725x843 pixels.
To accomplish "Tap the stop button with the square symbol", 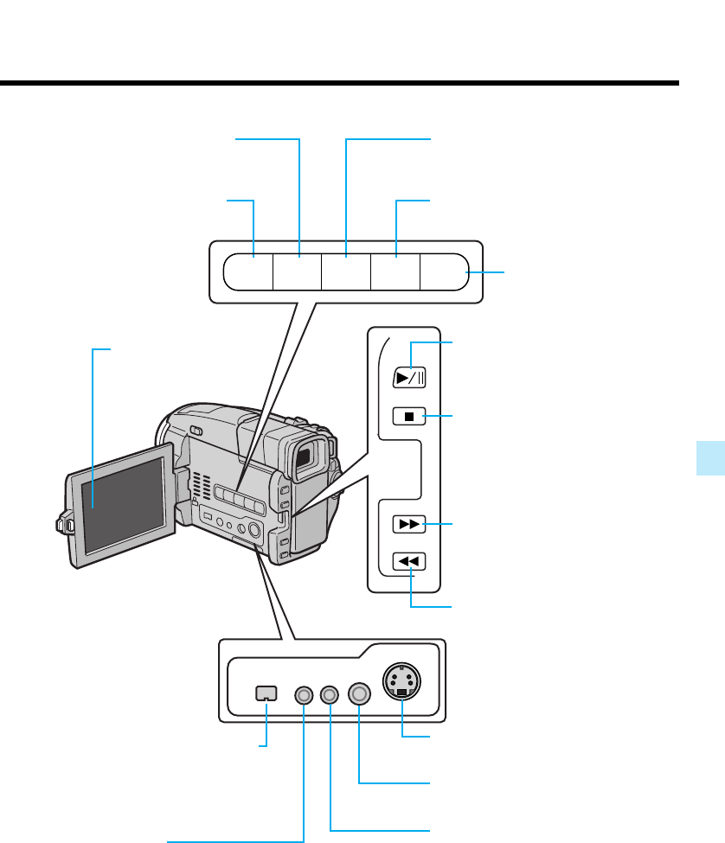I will coord(409,417).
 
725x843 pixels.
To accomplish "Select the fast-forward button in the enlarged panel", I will coord(409,524).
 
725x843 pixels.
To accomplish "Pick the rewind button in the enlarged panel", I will coord(409,562).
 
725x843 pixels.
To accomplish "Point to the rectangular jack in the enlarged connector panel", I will coord(266,693).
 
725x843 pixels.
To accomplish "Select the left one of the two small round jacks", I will coord(305,693).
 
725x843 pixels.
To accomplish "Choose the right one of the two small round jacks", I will coord(330,693).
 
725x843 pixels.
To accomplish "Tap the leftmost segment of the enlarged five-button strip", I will coord(248,271).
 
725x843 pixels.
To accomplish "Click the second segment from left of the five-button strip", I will coord(297,271).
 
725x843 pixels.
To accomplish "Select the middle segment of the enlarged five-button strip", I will coord(345,271).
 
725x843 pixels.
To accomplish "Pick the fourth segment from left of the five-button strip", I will coord(395,271).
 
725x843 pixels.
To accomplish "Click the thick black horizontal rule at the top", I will coord(339,84).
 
